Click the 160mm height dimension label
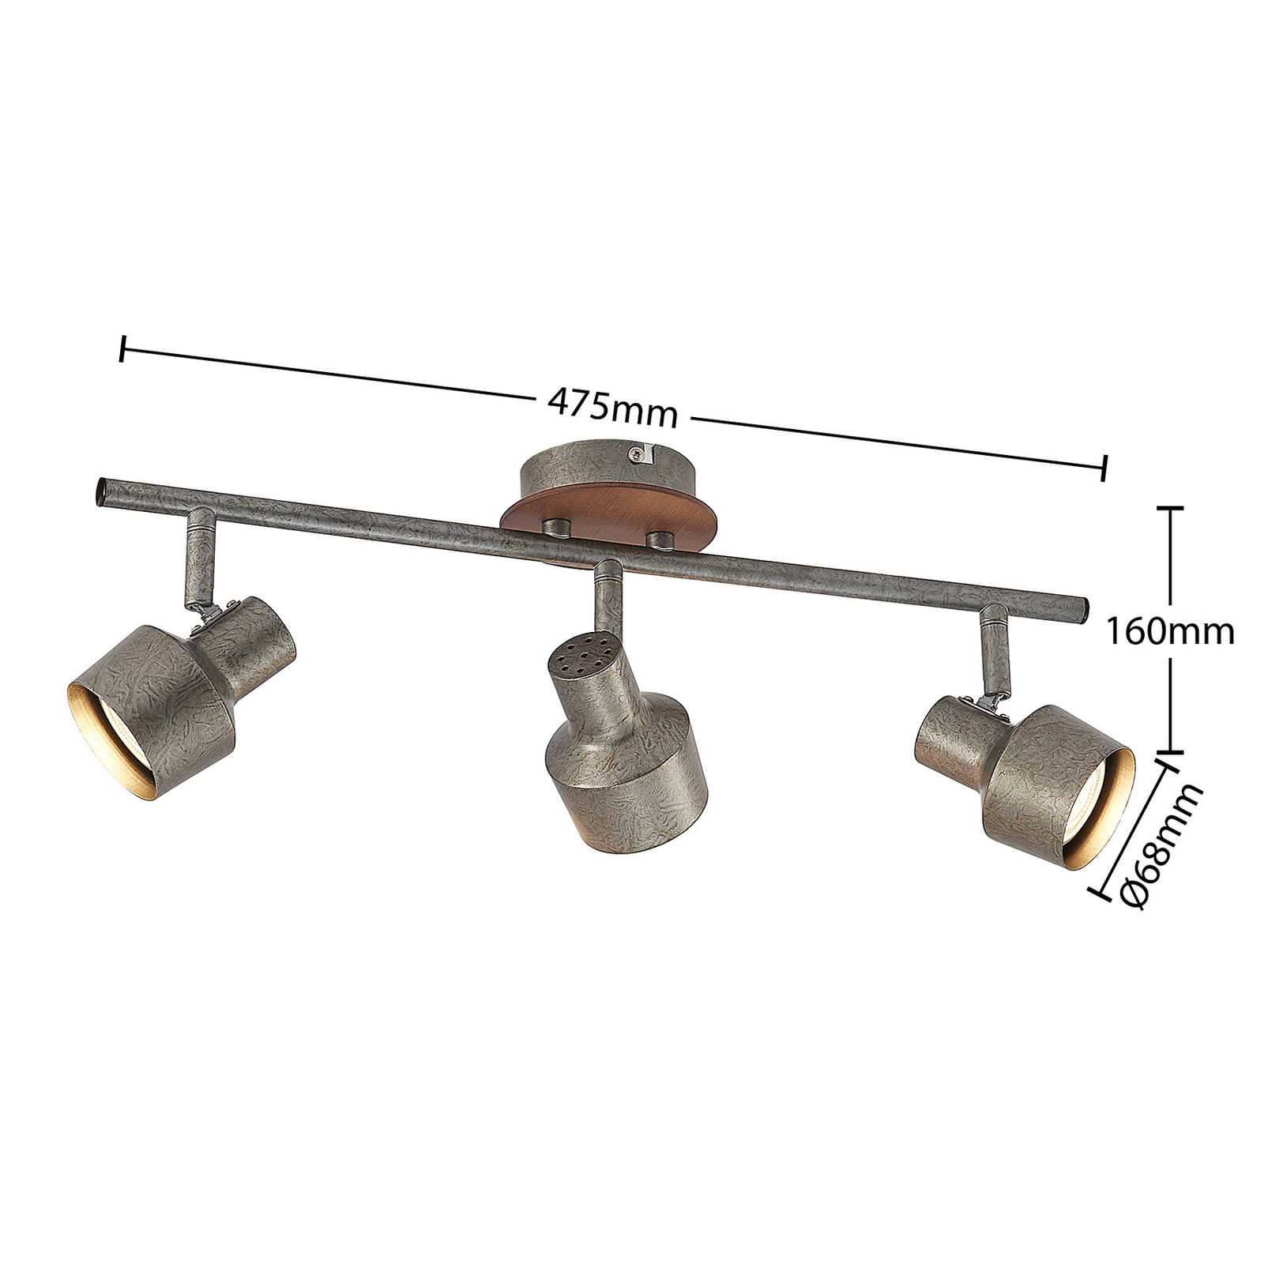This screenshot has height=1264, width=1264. point(1168,631)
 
